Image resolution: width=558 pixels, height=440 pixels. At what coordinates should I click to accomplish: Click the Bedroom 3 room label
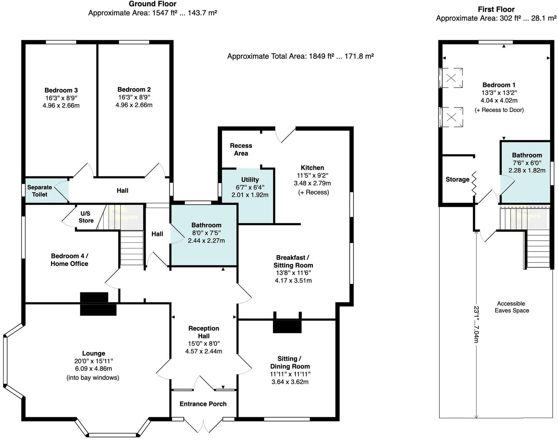61,90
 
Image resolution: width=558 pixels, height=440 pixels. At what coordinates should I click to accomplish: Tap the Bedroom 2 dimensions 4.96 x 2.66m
134,105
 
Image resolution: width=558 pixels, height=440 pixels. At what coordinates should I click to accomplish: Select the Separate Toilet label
39,191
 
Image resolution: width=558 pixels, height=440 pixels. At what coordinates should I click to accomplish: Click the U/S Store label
86,217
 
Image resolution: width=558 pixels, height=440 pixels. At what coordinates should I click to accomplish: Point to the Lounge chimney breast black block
98,304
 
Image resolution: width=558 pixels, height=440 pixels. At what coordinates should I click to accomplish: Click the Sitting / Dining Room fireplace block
287,326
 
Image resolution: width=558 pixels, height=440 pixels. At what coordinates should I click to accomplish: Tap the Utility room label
250,179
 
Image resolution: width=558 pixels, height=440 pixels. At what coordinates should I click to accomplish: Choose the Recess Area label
241,149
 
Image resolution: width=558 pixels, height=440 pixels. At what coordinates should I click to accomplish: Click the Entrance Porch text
203,404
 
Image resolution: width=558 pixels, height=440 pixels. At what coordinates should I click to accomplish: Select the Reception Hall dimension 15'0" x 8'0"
204,343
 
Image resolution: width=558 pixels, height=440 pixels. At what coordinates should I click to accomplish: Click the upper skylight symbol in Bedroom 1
451,78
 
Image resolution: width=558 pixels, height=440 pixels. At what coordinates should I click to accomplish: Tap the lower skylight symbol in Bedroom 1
451,117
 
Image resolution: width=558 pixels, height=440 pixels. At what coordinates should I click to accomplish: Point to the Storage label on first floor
457,179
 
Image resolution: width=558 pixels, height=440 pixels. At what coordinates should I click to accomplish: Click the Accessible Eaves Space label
511,307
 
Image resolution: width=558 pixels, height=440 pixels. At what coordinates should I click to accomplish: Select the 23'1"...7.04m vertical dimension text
476,324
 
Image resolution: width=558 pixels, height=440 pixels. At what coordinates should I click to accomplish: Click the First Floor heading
496,9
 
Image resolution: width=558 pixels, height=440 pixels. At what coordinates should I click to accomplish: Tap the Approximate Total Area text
300,56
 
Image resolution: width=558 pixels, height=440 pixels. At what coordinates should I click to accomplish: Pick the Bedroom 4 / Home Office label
69,260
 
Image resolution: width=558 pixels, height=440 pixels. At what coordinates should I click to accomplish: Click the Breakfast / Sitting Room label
293,261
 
